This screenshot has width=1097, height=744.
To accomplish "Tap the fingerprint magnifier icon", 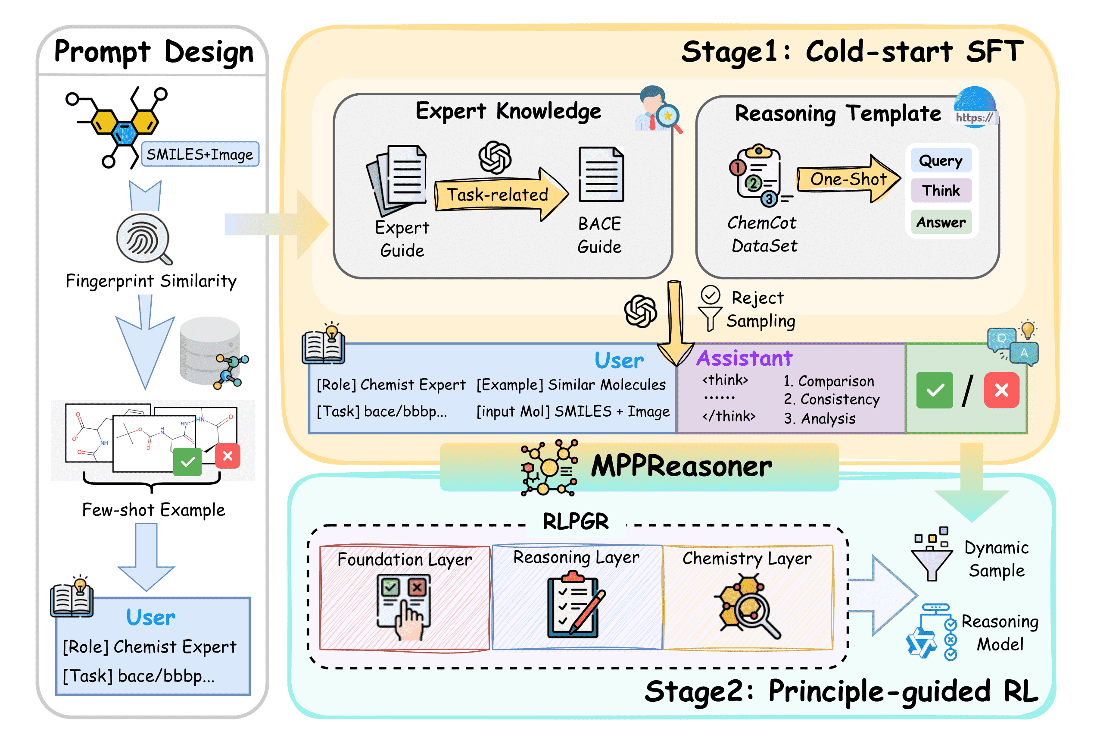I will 144,239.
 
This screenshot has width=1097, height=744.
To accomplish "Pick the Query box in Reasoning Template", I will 940,160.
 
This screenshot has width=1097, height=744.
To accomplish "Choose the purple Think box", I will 941,190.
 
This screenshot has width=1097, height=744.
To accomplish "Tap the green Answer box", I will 941,222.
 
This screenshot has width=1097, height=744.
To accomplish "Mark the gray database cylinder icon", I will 210,349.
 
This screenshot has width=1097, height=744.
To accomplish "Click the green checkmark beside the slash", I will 934,390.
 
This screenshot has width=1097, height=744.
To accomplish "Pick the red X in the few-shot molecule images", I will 228,456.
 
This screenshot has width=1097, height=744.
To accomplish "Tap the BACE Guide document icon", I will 601,174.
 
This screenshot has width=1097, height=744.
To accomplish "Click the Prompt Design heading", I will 153,51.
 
